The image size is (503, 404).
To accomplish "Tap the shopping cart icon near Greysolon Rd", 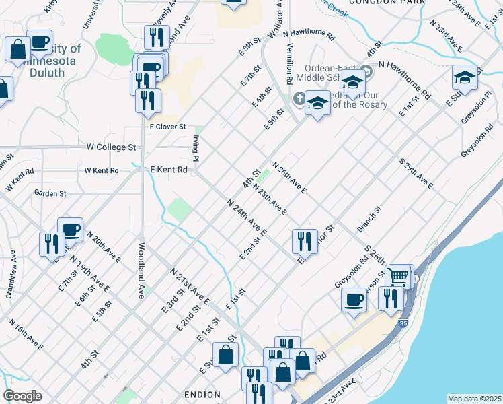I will click(399, 276).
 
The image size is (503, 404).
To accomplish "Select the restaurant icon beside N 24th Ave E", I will click(305, 242).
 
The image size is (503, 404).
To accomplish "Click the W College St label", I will click(112, 146).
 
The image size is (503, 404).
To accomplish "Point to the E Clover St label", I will click(167, 126).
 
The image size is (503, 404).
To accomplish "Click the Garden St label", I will click(50, 193).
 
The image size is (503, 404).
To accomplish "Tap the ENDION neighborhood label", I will click(201, 394).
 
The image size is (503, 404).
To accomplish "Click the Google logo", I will click(22, 396).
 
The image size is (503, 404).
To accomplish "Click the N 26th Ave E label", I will click(289, 177).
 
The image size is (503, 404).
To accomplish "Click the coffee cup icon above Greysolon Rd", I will click(354, 299).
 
